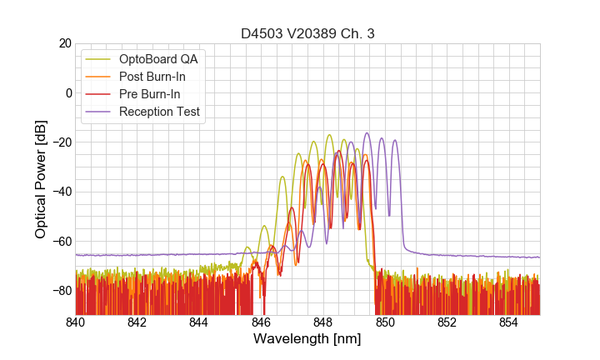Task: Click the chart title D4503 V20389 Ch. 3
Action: click(307, 34)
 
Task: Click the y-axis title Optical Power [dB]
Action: click(41, 178)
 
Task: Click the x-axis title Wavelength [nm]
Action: click(307, 339)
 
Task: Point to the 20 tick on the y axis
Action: click(64, 43)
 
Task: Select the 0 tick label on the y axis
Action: click(67, 92)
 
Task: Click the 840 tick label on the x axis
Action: click(76, 322)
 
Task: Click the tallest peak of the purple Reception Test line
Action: click(366, 132)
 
